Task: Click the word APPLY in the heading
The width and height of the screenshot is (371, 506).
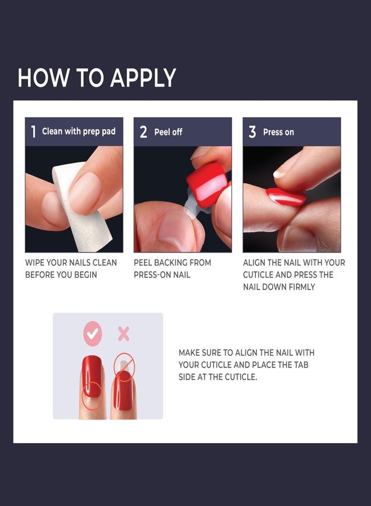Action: point(143,78)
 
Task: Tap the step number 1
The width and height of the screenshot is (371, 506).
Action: point(33,132)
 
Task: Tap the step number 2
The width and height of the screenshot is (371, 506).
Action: point(143,132)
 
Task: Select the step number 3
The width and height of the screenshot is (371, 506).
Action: point(252,132)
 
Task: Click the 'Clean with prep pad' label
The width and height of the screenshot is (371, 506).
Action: point(79,132)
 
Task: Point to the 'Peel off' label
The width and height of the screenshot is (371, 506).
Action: point(169,132)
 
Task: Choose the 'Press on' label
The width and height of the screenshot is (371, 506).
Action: point(278,132)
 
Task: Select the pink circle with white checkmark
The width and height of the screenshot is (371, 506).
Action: point(93,335)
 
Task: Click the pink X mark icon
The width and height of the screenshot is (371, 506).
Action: point(123,335)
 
